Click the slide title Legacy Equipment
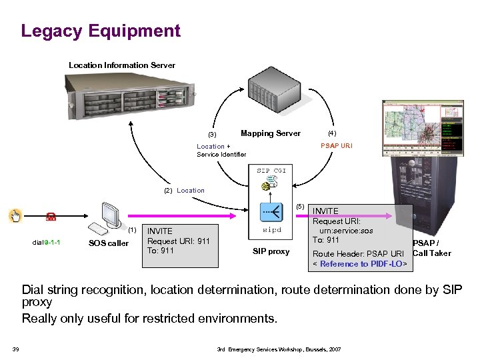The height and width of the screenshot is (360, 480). point(101,31)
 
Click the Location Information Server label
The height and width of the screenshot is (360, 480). point(122,65)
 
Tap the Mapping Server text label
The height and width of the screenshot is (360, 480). point(270,133)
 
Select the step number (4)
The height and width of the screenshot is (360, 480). point(331,133)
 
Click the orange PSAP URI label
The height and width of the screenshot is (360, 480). point(337,146)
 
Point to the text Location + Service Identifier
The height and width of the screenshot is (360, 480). point(221,151)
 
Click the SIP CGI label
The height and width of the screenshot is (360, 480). point(271,171)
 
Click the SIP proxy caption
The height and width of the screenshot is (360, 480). point(271,251)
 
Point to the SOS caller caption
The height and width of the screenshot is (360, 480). point(109,243)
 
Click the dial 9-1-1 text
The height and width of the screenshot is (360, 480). point(47,242)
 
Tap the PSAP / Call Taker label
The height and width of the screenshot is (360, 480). point(431,249)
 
